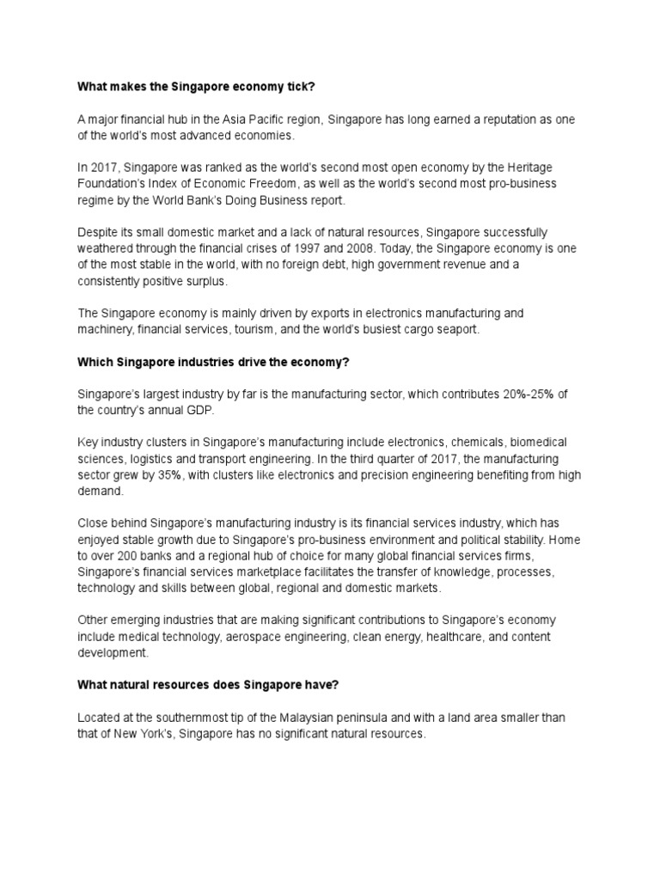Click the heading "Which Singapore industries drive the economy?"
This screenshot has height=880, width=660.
(x=213, y=362)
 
